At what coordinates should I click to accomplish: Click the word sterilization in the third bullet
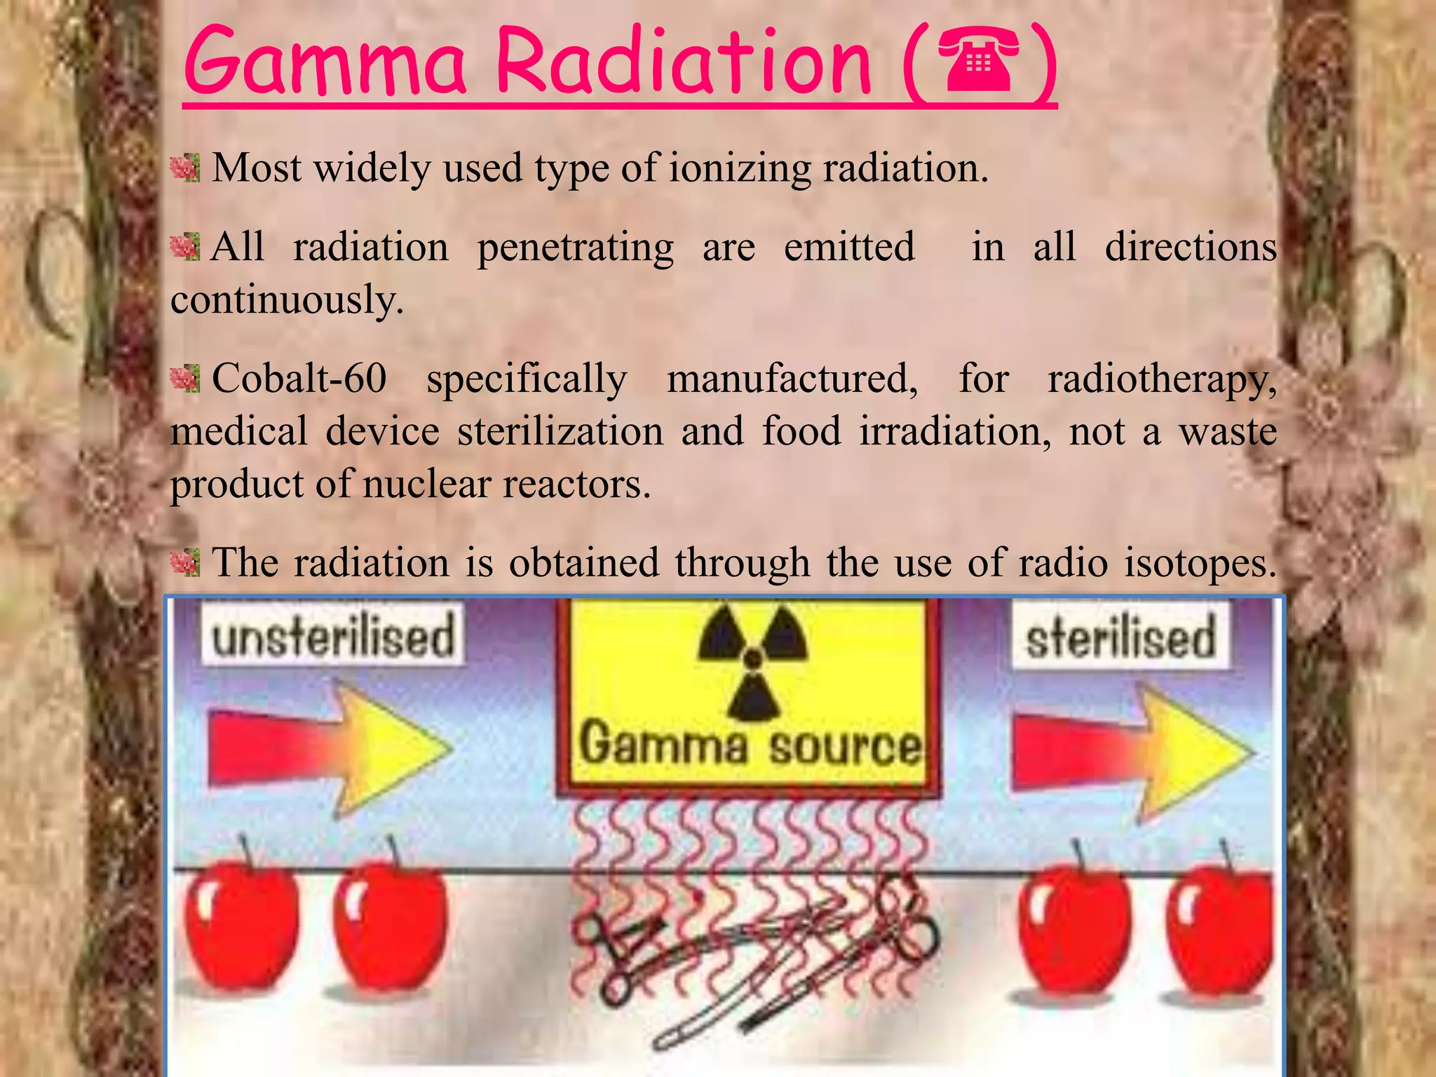(x=560, y=431)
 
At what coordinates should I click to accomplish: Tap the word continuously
(x=287, y=300)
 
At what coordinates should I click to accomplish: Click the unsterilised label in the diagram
(x=333, y=635)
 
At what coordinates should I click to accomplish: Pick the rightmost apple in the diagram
(x=1221, y=928)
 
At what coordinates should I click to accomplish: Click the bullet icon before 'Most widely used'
(x=185, y=168)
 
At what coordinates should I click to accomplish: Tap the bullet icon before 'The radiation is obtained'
(x=185, y=562)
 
